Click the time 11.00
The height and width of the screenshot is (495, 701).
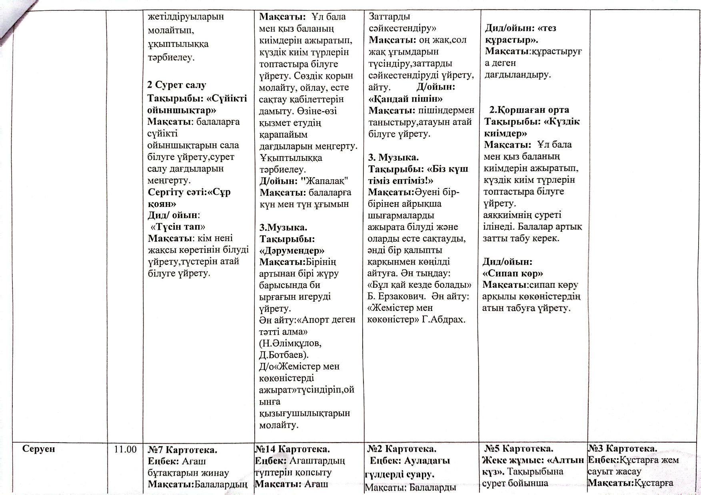(125, 449)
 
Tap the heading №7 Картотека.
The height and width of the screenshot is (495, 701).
(182, 450)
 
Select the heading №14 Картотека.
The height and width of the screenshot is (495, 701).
(292, 449)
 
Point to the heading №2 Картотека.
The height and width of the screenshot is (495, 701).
(402, 449)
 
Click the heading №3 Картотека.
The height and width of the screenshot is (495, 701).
(623, 448)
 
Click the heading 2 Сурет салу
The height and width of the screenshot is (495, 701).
(177, 85)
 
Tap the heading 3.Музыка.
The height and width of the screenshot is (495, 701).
(284, 227)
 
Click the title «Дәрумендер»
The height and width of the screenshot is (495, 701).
(292, 251)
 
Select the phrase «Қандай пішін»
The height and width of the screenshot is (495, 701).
(405, 98)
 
